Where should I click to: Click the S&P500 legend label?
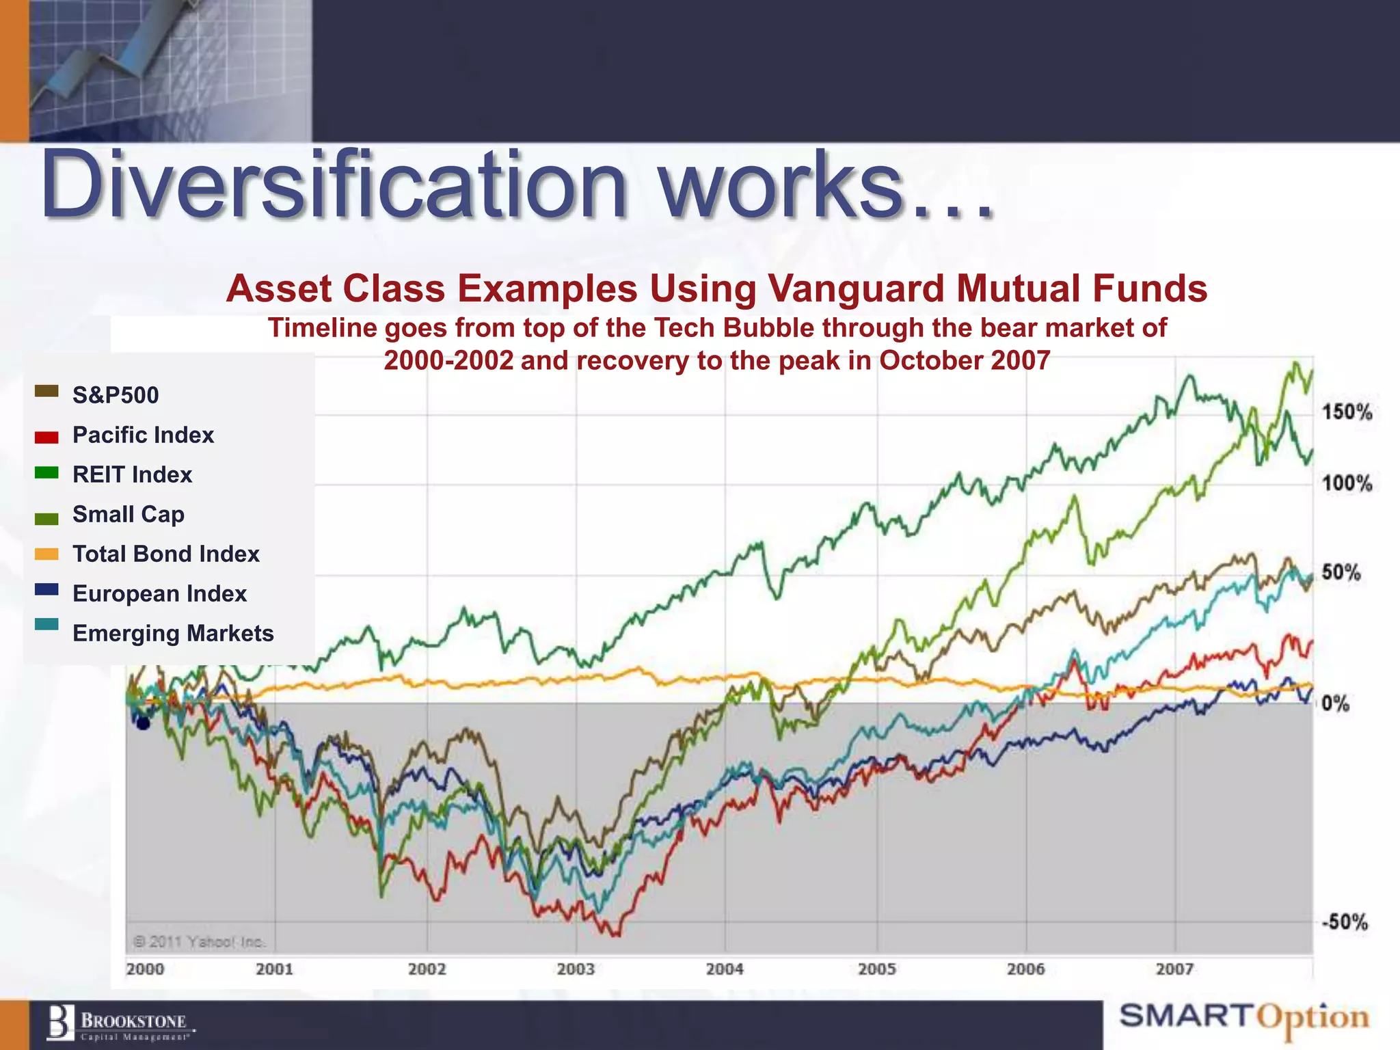115,395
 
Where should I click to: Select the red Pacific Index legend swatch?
46,437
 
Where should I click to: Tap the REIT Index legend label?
132,474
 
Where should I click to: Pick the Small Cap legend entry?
128,514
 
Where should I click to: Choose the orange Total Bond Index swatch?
46,554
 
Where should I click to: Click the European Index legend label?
159,593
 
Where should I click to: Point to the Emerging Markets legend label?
173,633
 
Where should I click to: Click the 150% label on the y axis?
1346,412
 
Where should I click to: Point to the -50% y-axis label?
1344,921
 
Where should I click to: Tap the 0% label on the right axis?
1336,703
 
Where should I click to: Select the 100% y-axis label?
1346,483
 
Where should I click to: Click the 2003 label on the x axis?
576,969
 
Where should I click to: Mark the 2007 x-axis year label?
1174,969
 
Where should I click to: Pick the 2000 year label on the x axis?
145,969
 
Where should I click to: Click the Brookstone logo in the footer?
120,1024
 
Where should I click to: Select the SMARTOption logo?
1244,1017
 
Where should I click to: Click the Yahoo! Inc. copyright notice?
198,942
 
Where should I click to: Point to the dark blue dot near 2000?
143,723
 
